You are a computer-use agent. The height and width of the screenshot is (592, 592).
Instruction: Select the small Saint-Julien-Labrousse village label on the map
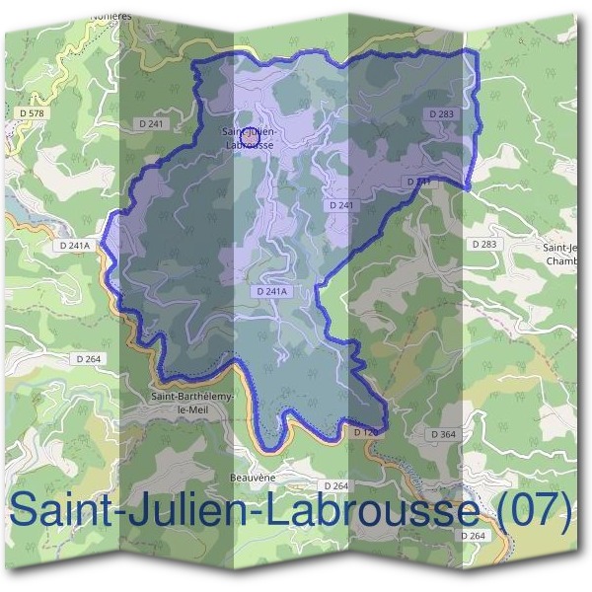(x=249, y=138)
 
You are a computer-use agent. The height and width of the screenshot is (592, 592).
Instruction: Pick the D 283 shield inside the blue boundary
(x=442, y=114)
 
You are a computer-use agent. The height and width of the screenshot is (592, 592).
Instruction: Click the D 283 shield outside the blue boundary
(x=483, y=243)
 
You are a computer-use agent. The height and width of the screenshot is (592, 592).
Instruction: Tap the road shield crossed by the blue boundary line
(x=418, y=183)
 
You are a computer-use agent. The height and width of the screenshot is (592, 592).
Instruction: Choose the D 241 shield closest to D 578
(x=153, y=123)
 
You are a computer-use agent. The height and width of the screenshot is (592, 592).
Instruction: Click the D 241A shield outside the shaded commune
(x=74, y=245)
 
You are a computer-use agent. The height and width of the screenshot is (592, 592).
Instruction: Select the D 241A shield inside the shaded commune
(x=270, y=291)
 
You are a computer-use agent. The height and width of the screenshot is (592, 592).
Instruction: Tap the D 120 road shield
(x=365, y=432)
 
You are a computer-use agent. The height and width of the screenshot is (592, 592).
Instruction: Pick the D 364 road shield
(x=443, y=434)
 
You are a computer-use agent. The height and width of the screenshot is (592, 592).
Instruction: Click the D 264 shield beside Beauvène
(x=335, y=485)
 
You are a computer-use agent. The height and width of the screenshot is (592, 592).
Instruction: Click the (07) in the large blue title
(x=533, y=511)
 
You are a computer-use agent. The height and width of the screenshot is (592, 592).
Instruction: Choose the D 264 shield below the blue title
(x=474, y=535)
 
